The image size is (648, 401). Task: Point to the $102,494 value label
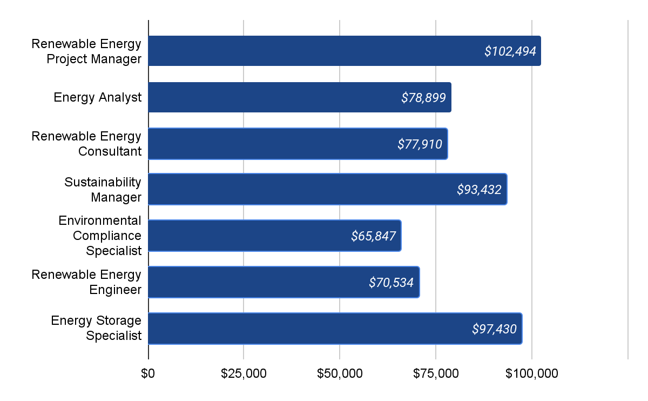pos(510,51)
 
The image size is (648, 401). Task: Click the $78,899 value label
pos(423,98)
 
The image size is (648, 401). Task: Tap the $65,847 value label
pos(373,236)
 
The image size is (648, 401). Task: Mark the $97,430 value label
pos(494,329)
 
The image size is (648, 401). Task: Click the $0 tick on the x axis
pos(148,373)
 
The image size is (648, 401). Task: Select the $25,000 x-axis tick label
pos(244,373)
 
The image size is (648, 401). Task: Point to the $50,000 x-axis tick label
pos(340,373)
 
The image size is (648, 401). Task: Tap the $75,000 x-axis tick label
pos(436,373)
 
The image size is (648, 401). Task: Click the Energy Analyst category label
pos(97,97)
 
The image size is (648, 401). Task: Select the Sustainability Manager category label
pos(103,189)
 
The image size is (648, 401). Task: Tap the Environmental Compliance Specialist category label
pos(100,236)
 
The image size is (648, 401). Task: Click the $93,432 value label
pos(479,190)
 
